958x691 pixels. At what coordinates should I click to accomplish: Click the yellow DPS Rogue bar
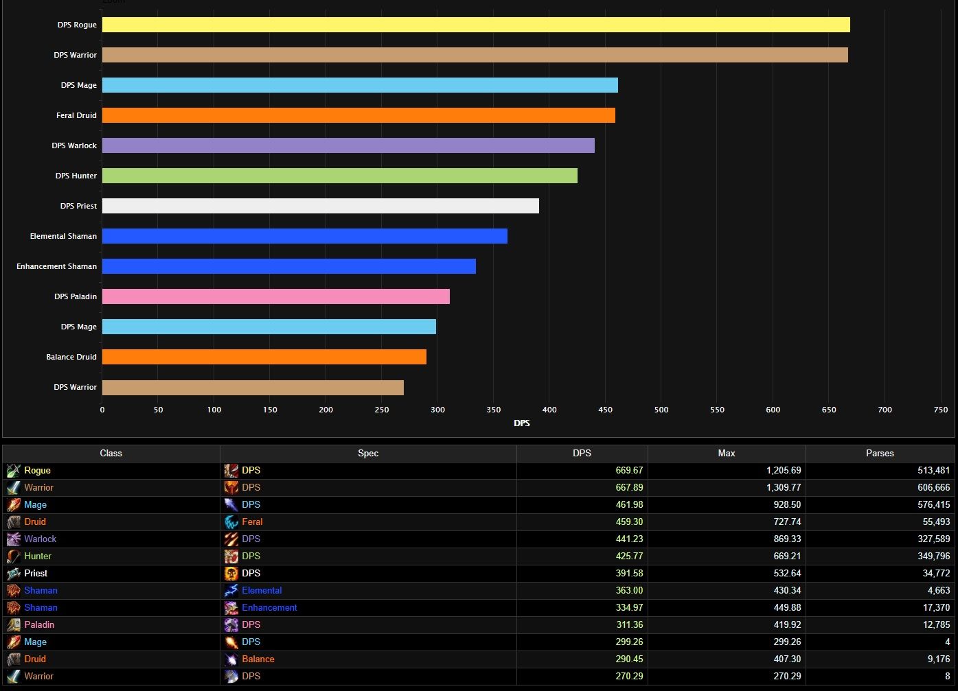pos(476,25)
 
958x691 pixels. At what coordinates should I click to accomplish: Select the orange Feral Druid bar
pos(358,115)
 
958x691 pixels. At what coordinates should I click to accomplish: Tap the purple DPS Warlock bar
pos(348,145)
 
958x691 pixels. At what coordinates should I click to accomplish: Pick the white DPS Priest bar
pos(321,206)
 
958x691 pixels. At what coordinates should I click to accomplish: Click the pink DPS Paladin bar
pos(276,296)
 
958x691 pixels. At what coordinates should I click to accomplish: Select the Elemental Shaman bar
pos(305,236)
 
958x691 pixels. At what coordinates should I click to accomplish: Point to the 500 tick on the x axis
pos(661,410)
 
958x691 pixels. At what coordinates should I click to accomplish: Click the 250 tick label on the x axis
pos(382,410)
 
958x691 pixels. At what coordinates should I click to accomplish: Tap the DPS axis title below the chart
pos(522,423)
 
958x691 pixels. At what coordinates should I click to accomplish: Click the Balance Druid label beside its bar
pos(71,357)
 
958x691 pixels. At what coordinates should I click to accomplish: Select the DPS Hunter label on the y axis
pos(76,176)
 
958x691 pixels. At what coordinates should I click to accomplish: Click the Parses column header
pos(880,453)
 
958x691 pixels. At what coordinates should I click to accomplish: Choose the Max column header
pos(727,453)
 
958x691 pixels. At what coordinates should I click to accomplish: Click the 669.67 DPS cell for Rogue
pos(629,471)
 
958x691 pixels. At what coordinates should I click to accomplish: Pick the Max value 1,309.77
pos(784,488)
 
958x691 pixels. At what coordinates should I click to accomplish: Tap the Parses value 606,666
pos(933,488)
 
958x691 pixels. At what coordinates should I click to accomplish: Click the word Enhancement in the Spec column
pos(269,608)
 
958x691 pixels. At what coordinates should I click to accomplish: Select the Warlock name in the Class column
pos(41,539)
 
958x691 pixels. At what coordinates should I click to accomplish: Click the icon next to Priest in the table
pos(14,574)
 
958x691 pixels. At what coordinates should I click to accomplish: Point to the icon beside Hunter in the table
pos(14,557)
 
